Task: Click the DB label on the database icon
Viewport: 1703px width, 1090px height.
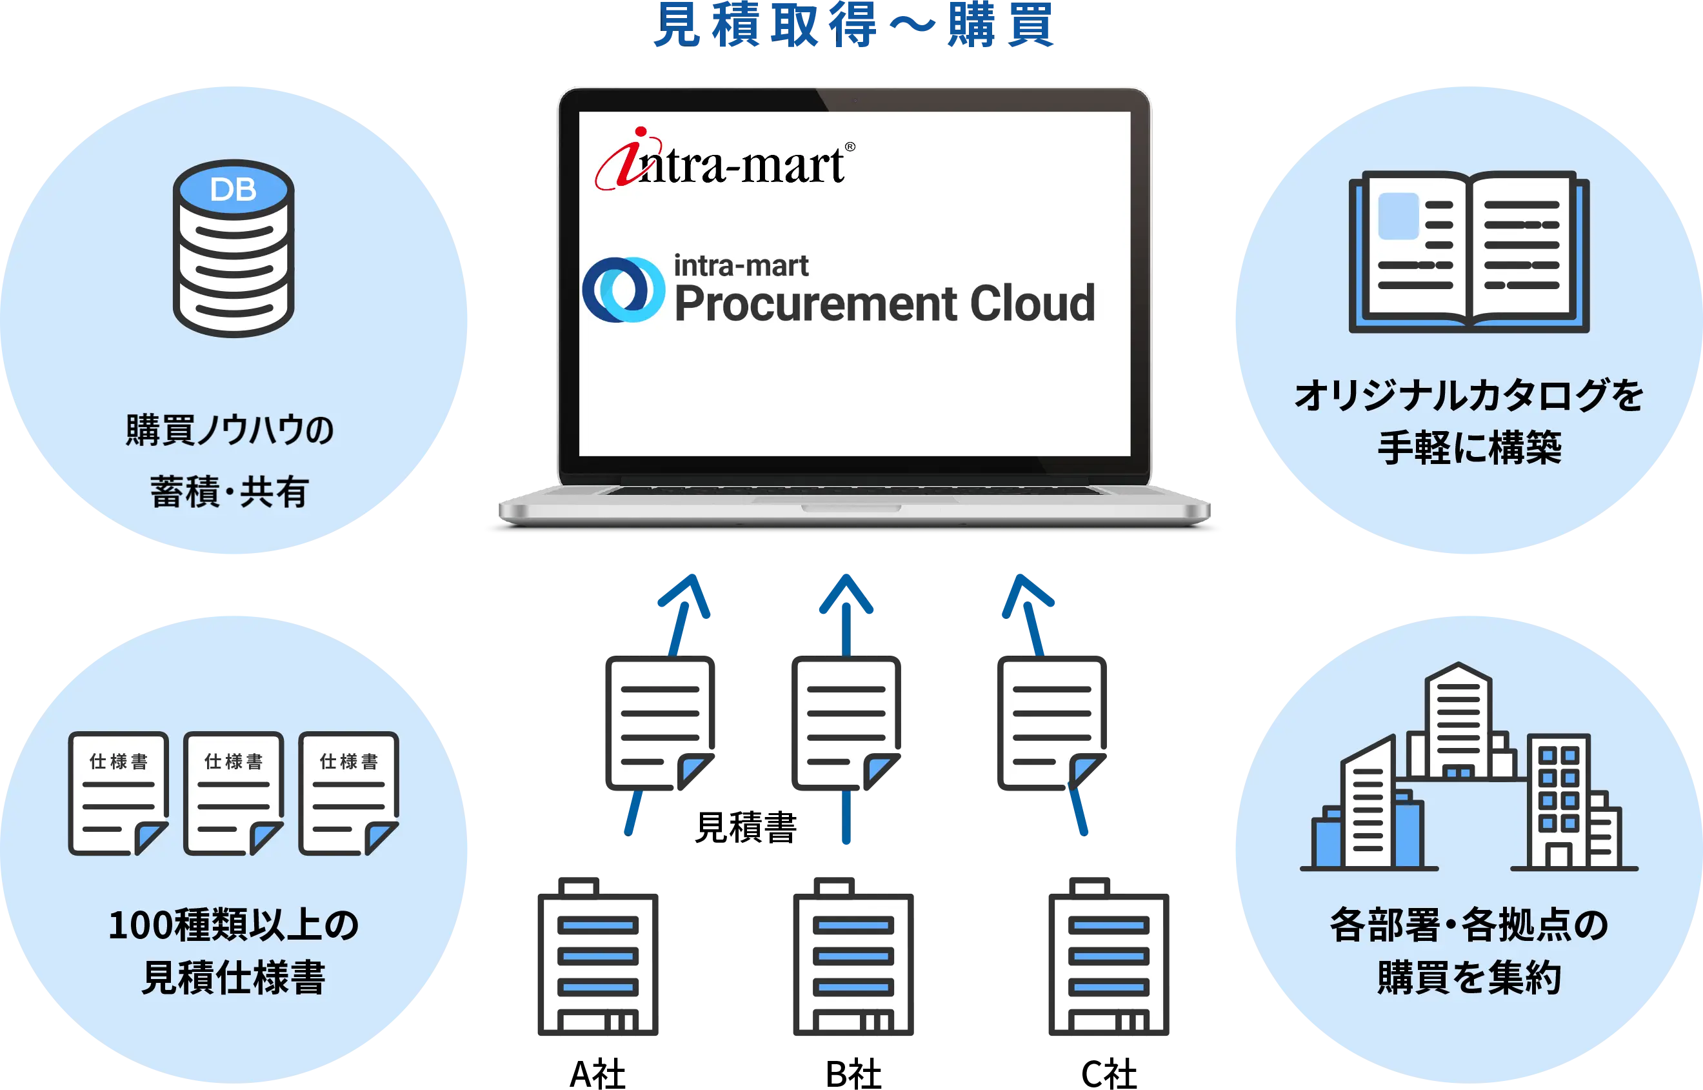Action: click(x=233, y=190)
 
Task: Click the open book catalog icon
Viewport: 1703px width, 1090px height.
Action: click(x=1469, y=251)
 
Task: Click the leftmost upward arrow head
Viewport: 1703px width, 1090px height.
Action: click(x=685, y=594)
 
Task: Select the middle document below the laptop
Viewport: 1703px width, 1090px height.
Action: click(x=846, y=724)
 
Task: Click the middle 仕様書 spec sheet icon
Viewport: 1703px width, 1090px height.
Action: click(x=234, y=792)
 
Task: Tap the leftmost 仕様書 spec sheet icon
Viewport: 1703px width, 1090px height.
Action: click(x=118, y=792)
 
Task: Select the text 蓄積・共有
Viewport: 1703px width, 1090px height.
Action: click(x=229, y=492)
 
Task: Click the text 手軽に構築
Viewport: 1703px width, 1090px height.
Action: click(x=1469, y=447)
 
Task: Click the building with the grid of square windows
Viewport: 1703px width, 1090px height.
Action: click(x=1559, y=800)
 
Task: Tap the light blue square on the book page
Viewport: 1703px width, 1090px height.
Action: click(x=1398, y=216)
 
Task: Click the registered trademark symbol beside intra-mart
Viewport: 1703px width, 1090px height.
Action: click(x=850, y=146)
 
